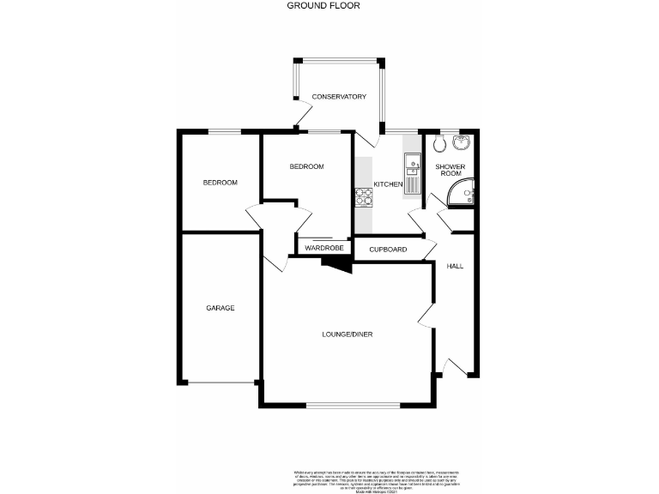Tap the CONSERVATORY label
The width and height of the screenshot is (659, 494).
(339, 96)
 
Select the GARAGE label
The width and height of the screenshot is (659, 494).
(220, 308)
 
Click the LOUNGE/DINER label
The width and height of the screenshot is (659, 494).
(348, 334)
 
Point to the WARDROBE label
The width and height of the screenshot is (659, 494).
(323, 248)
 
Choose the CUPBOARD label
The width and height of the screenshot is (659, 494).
(387, 249)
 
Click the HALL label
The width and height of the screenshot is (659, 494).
(455, 266)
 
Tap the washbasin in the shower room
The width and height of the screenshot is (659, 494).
(463, 142)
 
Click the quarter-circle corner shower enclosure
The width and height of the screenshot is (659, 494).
(464, 196)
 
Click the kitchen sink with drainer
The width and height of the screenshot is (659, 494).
(411, 172)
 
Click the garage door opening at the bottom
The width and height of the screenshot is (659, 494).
(220, 383)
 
